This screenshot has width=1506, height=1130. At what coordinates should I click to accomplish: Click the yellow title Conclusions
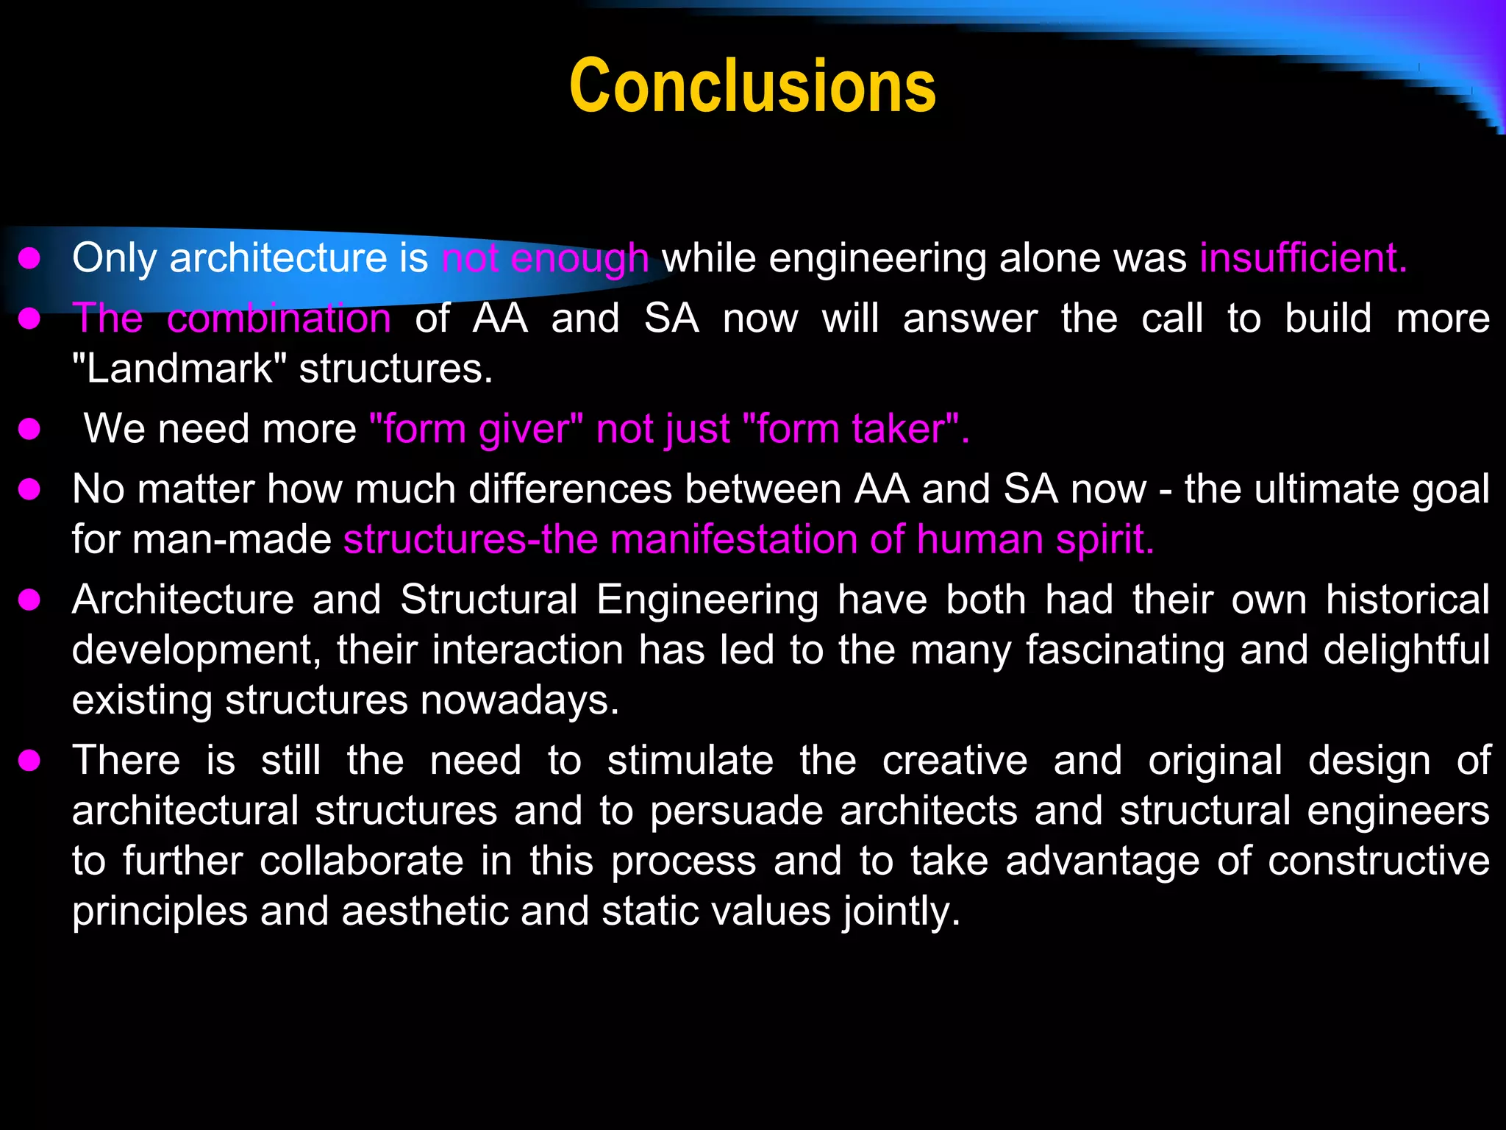pyautogui.click(x=752, y=87)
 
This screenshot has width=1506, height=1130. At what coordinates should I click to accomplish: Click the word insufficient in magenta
pyautogui.click(x=1302, y=258)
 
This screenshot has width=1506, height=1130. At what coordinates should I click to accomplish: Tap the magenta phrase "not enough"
pyautogui.click(x=545, y=258)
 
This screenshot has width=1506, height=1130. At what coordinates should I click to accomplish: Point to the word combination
pyautogui.click(x=279, y=319)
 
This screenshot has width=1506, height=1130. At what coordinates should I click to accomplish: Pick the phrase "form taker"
pyautogui.click(x=852, y=428)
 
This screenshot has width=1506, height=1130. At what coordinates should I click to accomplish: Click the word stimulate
pyautogui.click(x=690, y=760)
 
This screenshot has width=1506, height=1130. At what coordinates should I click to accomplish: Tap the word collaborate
pyautogui.click(x=361, y=861)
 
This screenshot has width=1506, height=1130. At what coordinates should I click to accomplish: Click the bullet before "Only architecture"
pyautogui.click(x=29, y=258)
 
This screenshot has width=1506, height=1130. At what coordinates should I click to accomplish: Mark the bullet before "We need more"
pyautogui.click(x=29, y=429)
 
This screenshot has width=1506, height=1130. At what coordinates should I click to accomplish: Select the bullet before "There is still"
pyautogui.click(x=29, y=761)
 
